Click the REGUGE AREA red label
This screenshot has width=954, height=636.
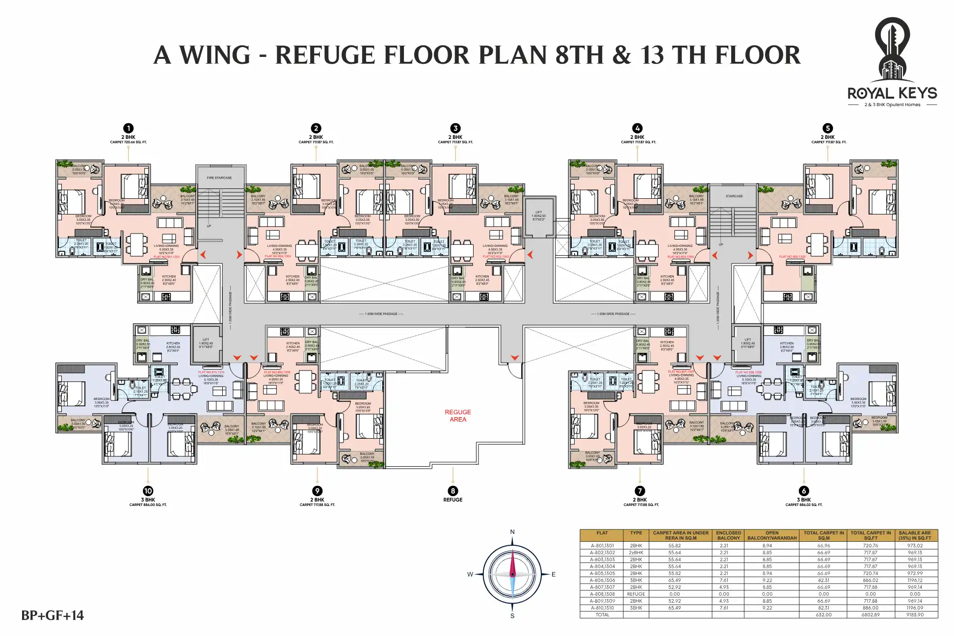(457, 416)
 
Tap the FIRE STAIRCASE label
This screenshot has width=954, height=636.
(219, 178)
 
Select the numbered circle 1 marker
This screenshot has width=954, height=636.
(128, 128)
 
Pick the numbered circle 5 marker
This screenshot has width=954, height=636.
(827, 128)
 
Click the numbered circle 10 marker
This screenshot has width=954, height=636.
(148, 491)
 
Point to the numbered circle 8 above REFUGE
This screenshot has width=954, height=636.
(452, 491)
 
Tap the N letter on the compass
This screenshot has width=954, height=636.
(512, 532)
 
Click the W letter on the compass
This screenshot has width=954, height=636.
(470, 574)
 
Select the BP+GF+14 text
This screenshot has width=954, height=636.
(53, 615)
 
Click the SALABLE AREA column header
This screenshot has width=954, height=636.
(915, 535)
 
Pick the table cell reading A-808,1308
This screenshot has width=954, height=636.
(602, 594)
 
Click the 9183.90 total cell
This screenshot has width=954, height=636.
(915, 614)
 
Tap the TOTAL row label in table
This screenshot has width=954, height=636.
(602, 614)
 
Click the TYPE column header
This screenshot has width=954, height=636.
(636, 533)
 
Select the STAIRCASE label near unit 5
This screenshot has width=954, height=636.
(734, 196)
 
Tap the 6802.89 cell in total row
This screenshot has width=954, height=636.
(871, 614)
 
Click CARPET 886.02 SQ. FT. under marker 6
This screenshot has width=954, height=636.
(803, 504)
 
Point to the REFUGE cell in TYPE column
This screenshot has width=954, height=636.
(636, 594)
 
